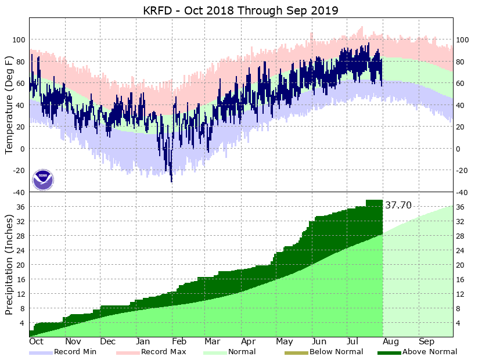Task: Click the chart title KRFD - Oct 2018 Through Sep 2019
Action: [x=240, y=10]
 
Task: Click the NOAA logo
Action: [x=42, y=179]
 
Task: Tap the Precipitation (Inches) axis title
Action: [x=9, y=264]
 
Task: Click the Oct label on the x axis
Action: [x=36, y=341]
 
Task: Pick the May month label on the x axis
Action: [x=285, y=341]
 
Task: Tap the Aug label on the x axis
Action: [x=391, y=341]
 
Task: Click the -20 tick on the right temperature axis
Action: [x=463, y=171]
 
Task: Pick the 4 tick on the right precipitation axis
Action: [x=459, y=323]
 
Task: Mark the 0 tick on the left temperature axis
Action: [x=23, y=149]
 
